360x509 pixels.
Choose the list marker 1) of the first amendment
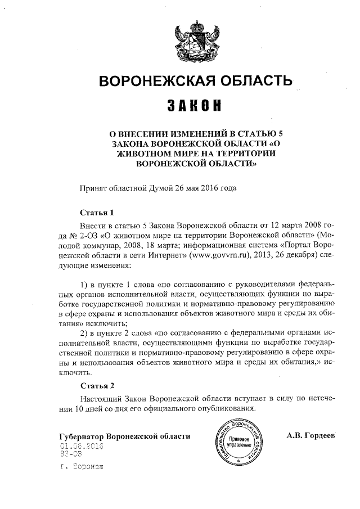pos(86,280)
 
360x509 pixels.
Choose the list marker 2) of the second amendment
pos(86,332)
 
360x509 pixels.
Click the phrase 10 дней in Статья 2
pos(93,408)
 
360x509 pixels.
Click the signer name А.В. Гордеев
pos(310,436)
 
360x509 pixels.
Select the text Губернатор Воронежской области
pos(125,436)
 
